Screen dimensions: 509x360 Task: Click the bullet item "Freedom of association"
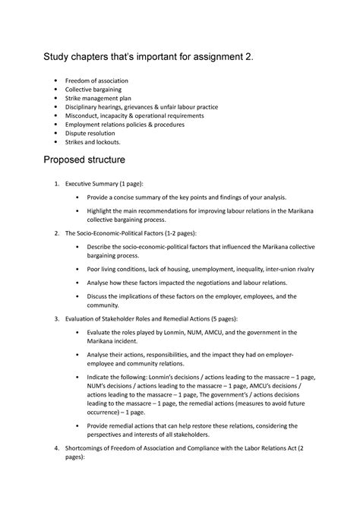coord(96,81)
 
